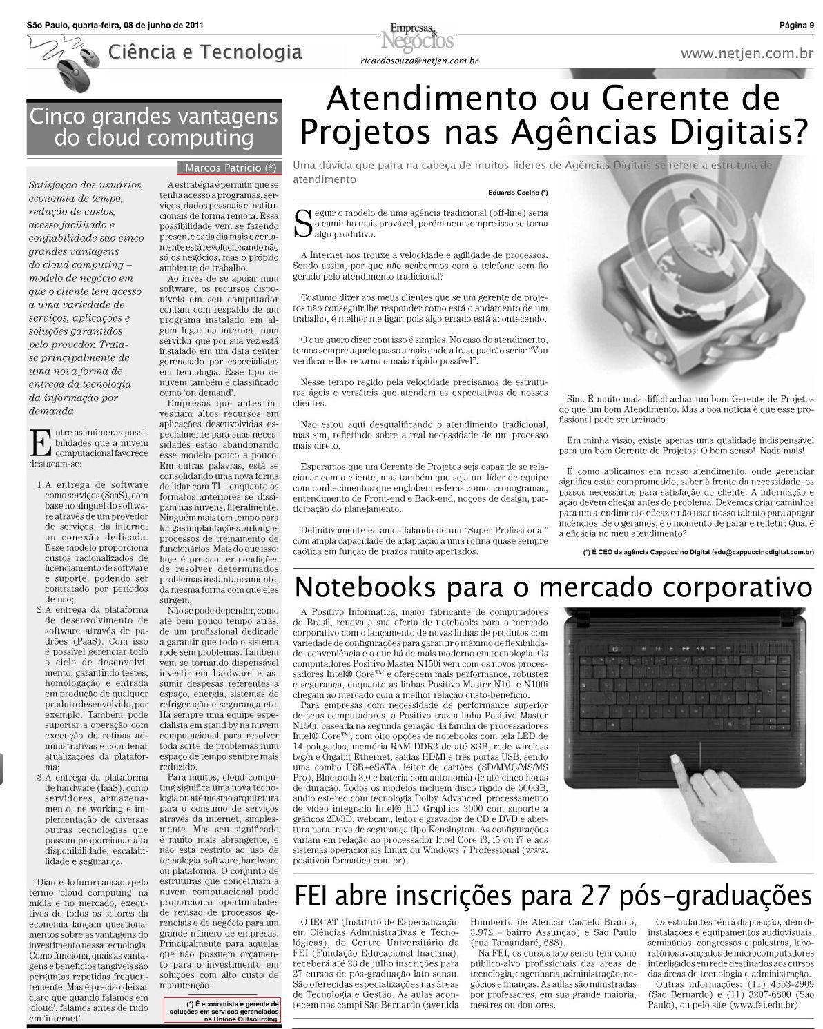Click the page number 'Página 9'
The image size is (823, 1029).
click(x=796, y=26)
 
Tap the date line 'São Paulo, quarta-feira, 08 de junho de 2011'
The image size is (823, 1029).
click(x=115, y=26)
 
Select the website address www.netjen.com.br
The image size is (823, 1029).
click(x=746, y=53)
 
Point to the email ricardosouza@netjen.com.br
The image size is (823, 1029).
click(x=420, y=61)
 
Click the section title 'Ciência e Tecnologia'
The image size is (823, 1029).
click(x=205, y=52)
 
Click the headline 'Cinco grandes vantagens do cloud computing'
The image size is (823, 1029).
click(x=153, y=127)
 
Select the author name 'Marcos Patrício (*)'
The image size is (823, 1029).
click(x=231, y=168)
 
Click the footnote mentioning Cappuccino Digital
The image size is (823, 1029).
click(x=698, y=552)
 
